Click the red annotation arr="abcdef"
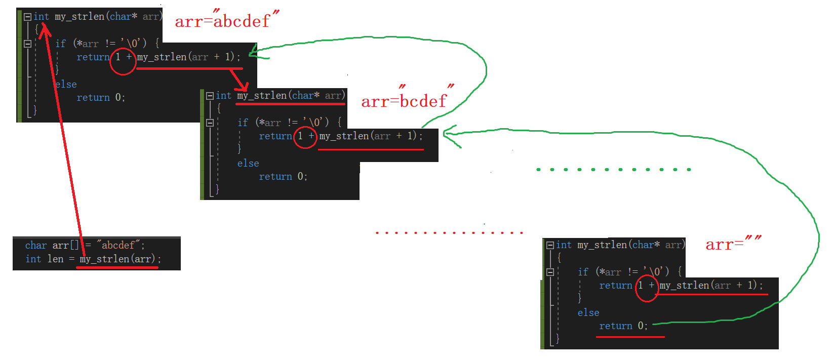(x=226, y=20)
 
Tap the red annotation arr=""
(x=733, y=244)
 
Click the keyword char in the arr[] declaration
(x=36, y=246)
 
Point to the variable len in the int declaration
(x=56, y=259)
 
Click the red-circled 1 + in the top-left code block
(x=123, y=57)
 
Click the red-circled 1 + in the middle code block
(x=305, y=136)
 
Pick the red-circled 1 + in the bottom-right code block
(x=646, y=286)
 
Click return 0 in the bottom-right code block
(x=623, y=326)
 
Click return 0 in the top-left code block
(x=100, y=98)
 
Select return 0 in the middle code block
(x=283, y=177)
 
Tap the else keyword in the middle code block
(x=248, y=164)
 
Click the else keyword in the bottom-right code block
(x=588, y=313)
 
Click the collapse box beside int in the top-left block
(x=27, y=17)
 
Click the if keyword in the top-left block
(x=61, y=44)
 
